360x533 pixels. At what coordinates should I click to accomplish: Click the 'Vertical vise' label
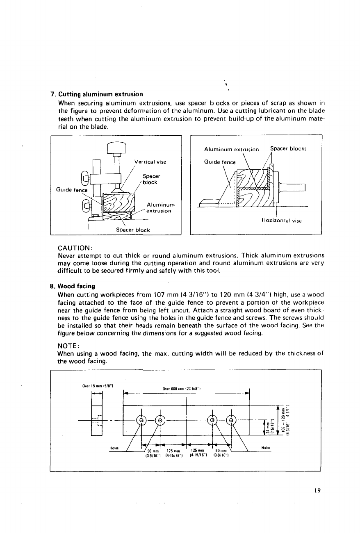(x=150, y=162)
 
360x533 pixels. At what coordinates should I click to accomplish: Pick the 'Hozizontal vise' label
(x=281, y=221)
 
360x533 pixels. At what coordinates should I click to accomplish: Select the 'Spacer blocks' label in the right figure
(x=289, y=149)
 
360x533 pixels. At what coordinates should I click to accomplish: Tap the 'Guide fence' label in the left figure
(x=72, y=190)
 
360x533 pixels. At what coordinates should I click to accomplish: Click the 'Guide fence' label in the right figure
(x=220, y=162)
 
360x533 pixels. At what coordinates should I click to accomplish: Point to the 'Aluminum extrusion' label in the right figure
(x=231, y=149)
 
